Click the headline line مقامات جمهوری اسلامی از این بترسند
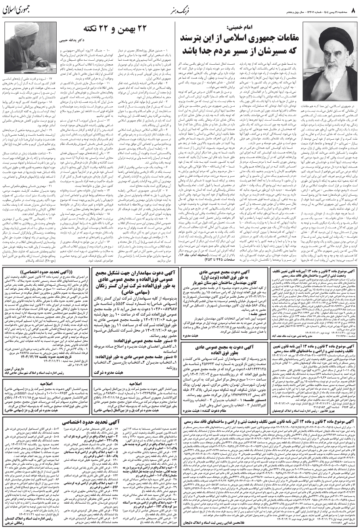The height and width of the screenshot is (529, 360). [233, 40]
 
